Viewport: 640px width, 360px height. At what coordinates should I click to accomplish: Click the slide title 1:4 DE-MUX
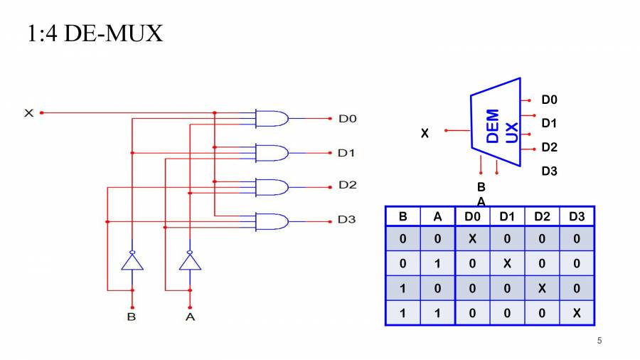coord(95,33)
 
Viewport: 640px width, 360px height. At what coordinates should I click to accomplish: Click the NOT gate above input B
coord(132,261)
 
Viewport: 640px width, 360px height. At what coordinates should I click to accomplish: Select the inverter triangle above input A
coord(190,261)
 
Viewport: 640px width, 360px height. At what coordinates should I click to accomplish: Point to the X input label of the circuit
coord(29,113)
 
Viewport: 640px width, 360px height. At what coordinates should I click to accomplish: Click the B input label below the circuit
coord(132,317)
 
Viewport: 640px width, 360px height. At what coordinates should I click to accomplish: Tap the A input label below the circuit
coord(190,317)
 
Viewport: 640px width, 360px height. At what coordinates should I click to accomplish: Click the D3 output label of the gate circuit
coord(346,220)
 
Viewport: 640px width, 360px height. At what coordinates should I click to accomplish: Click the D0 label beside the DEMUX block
coord(549,100)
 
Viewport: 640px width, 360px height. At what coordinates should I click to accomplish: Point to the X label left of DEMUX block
coord(425,133)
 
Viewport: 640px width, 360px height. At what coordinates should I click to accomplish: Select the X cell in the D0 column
coord(472,239)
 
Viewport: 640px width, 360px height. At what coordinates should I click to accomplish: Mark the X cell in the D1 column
coord(507,263)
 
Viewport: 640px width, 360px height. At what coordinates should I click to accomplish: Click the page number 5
coord(599,341)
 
